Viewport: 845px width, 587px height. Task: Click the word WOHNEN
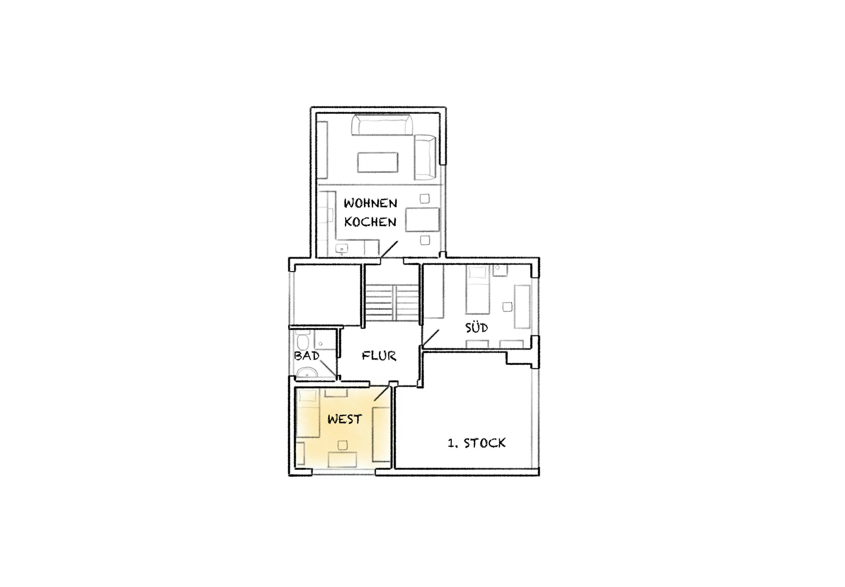click(x=370, y=203)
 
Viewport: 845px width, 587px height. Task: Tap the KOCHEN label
click(x=370, y=222)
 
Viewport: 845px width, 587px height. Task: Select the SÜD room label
click(x=477, y=327)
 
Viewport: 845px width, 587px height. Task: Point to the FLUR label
click(x=379, y=356)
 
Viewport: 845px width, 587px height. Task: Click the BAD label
click(x=307, y=356)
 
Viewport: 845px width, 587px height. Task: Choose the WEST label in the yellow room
click(x=345, y=419)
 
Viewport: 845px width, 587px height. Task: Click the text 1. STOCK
click(x=477, y=443)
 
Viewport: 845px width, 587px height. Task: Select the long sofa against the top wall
click(x=382, y=125)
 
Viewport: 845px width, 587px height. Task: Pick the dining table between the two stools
click(x=422, y=220)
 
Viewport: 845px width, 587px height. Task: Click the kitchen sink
click(x=342, y=249)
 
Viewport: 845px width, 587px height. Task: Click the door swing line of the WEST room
click(x=381, y=393)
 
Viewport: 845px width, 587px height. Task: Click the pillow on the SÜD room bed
click(x=478, y=272)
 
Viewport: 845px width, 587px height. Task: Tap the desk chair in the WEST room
click(x=343, y=445)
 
